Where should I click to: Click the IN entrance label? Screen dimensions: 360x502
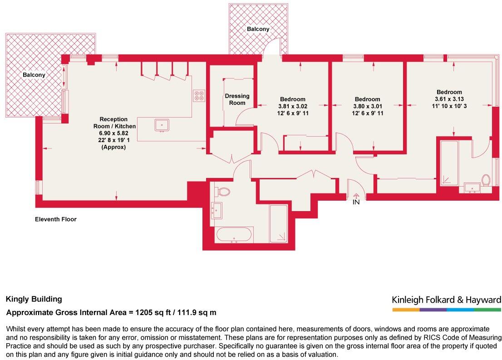[x=356, y=202]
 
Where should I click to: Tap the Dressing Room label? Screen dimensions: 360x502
[x=237, y=99]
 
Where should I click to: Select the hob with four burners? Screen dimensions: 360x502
[x=199, y=96]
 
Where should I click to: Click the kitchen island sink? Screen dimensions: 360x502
[x=162, y=125]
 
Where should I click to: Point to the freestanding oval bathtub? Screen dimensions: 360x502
[x=234, y=236]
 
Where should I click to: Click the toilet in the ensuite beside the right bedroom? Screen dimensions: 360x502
[x=486, y=180]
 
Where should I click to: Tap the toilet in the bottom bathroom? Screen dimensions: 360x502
[x=223, y=192]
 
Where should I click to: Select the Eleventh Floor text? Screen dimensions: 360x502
[x=56, y=219]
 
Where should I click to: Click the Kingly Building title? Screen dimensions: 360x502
[x=34, y=299]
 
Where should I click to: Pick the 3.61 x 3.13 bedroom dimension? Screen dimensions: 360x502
[x=449, y=99]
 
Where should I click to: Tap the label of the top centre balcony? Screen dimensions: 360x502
[x=258, y=29]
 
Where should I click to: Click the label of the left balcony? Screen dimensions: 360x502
[x=34, y=75]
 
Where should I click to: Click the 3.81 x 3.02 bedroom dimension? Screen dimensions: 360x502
[x=293, y=106]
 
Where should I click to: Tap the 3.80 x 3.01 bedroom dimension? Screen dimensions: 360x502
[x=368, y=106]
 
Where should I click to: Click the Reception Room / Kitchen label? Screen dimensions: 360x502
[x=114, y=123]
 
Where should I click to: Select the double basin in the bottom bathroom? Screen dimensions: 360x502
[x=217, y=209]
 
